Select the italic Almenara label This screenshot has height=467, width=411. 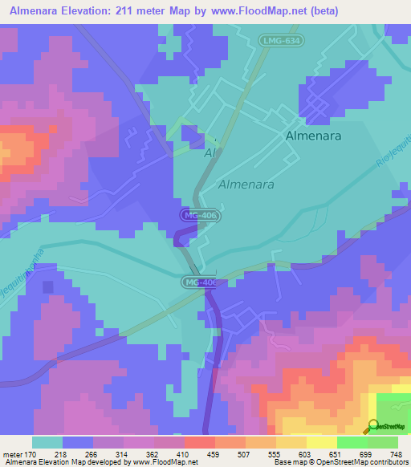(x=246, y=184)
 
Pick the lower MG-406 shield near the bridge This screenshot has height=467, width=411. (x=197, y=282)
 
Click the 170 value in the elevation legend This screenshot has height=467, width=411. (x=31, y=453)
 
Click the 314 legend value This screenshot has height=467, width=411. (x=123, y=453)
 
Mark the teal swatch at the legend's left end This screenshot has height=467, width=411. (x=47, y=442)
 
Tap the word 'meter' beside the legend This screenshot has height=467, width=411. (x=12, y=453)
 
